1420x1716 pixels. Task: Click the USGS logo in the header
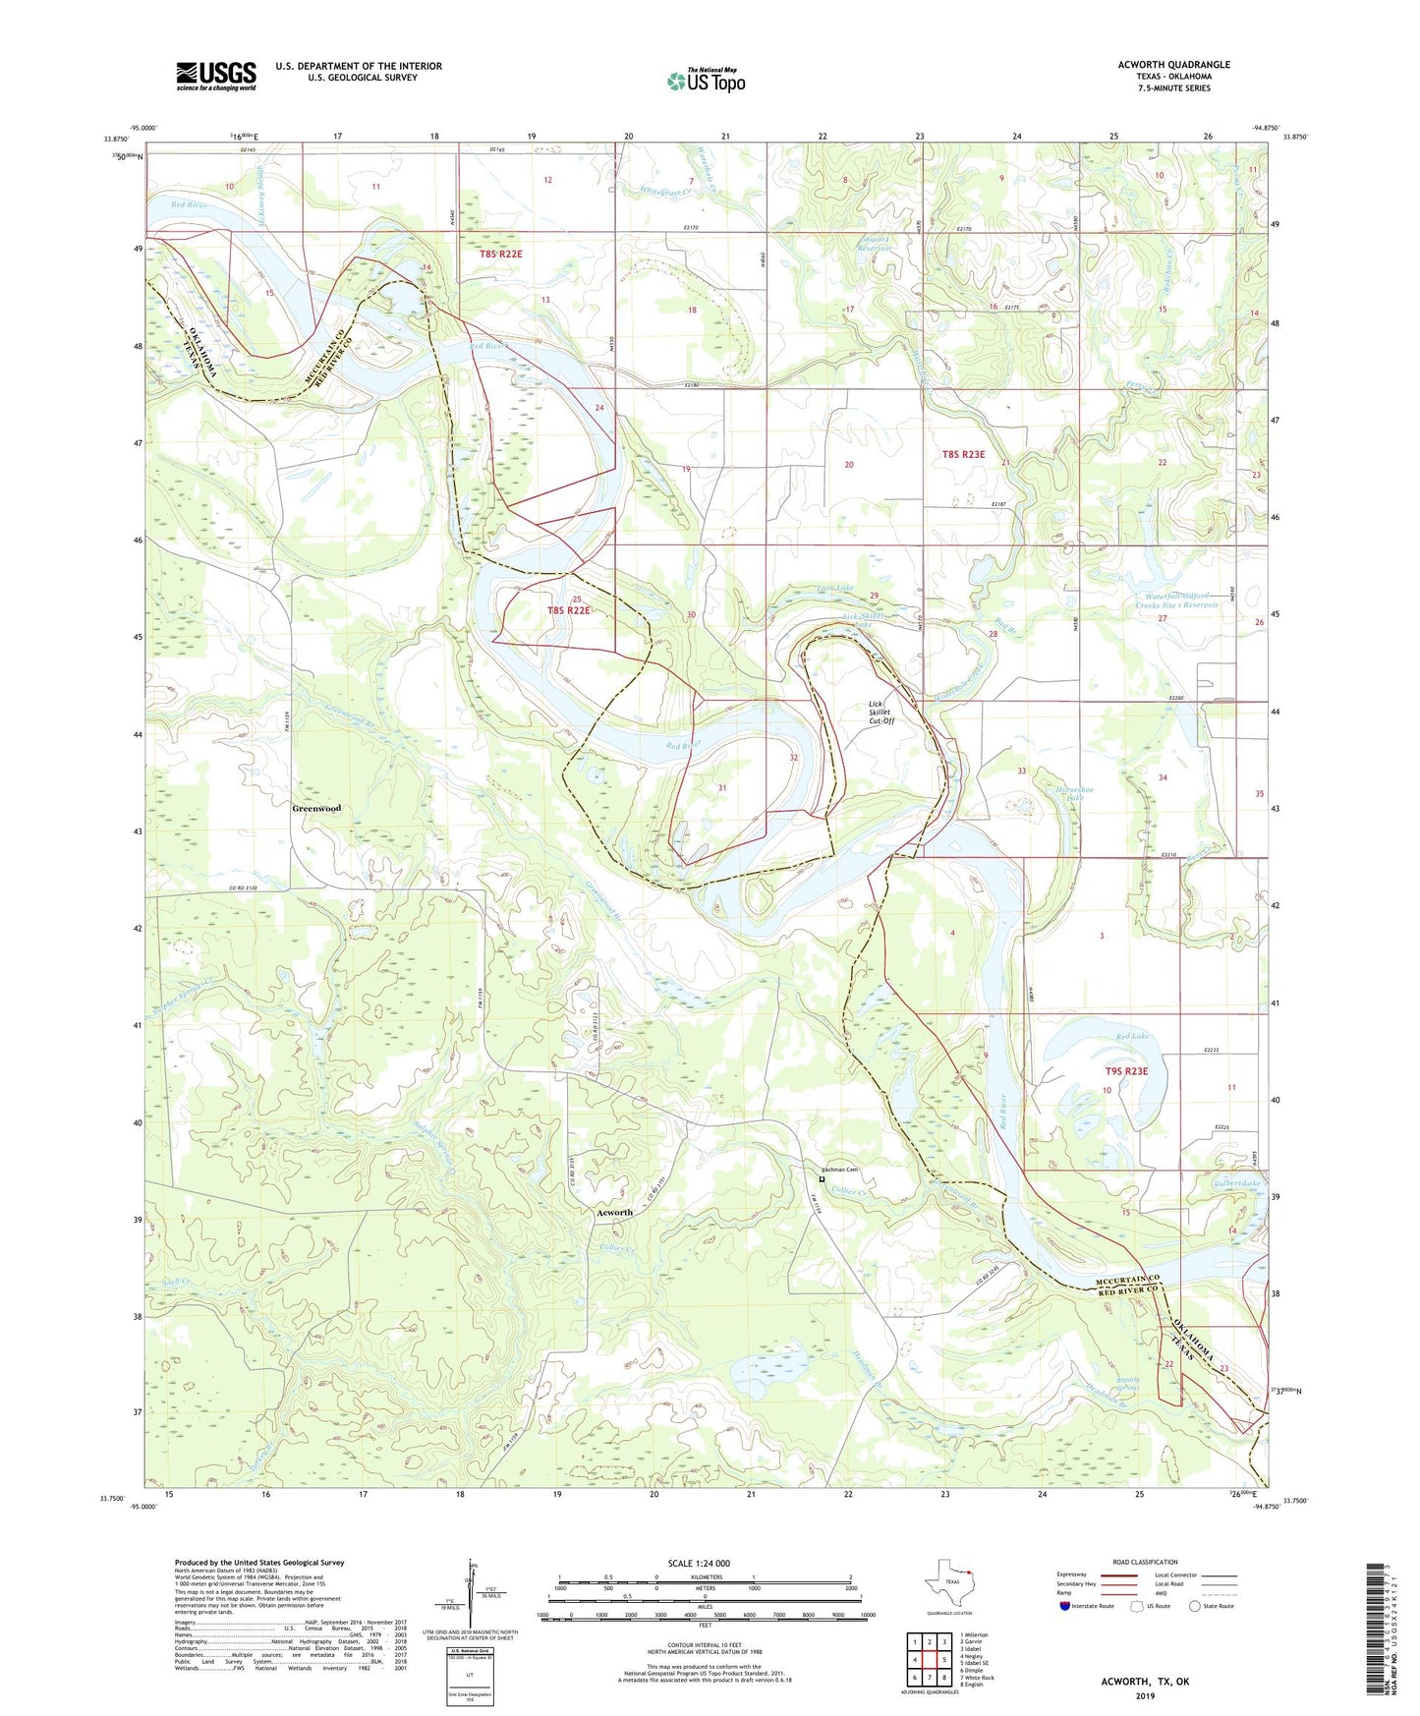[x=216, y=76]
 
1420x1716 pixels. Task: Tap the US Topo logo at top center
[x=706, y=80]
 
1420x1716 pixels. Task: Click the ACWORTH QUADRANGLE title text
[x=1173, y=65]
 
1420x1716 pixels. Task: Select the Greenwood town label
[x=316, y=808]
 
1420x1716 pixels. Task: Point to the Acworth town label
[x=615, y=1212]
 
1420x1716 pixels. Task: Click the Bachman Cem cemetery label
[x=840, y=1170]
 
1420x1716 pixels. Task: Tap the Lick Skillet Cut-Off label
[x=881, y=712]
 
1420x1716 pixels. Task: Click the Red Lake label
[x=1132, y=1037]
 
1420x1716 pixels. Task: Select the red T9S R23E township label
[x=1126, y=1071]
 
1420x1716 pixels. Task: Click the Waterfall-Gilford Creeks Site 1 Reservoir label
[x=1182, y=601]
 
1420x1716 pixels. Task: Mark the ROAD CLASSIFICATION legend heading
[x=1146, y=1562]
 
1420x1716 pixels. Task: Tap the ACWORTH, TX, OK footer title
[x=1145, y=1682]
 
